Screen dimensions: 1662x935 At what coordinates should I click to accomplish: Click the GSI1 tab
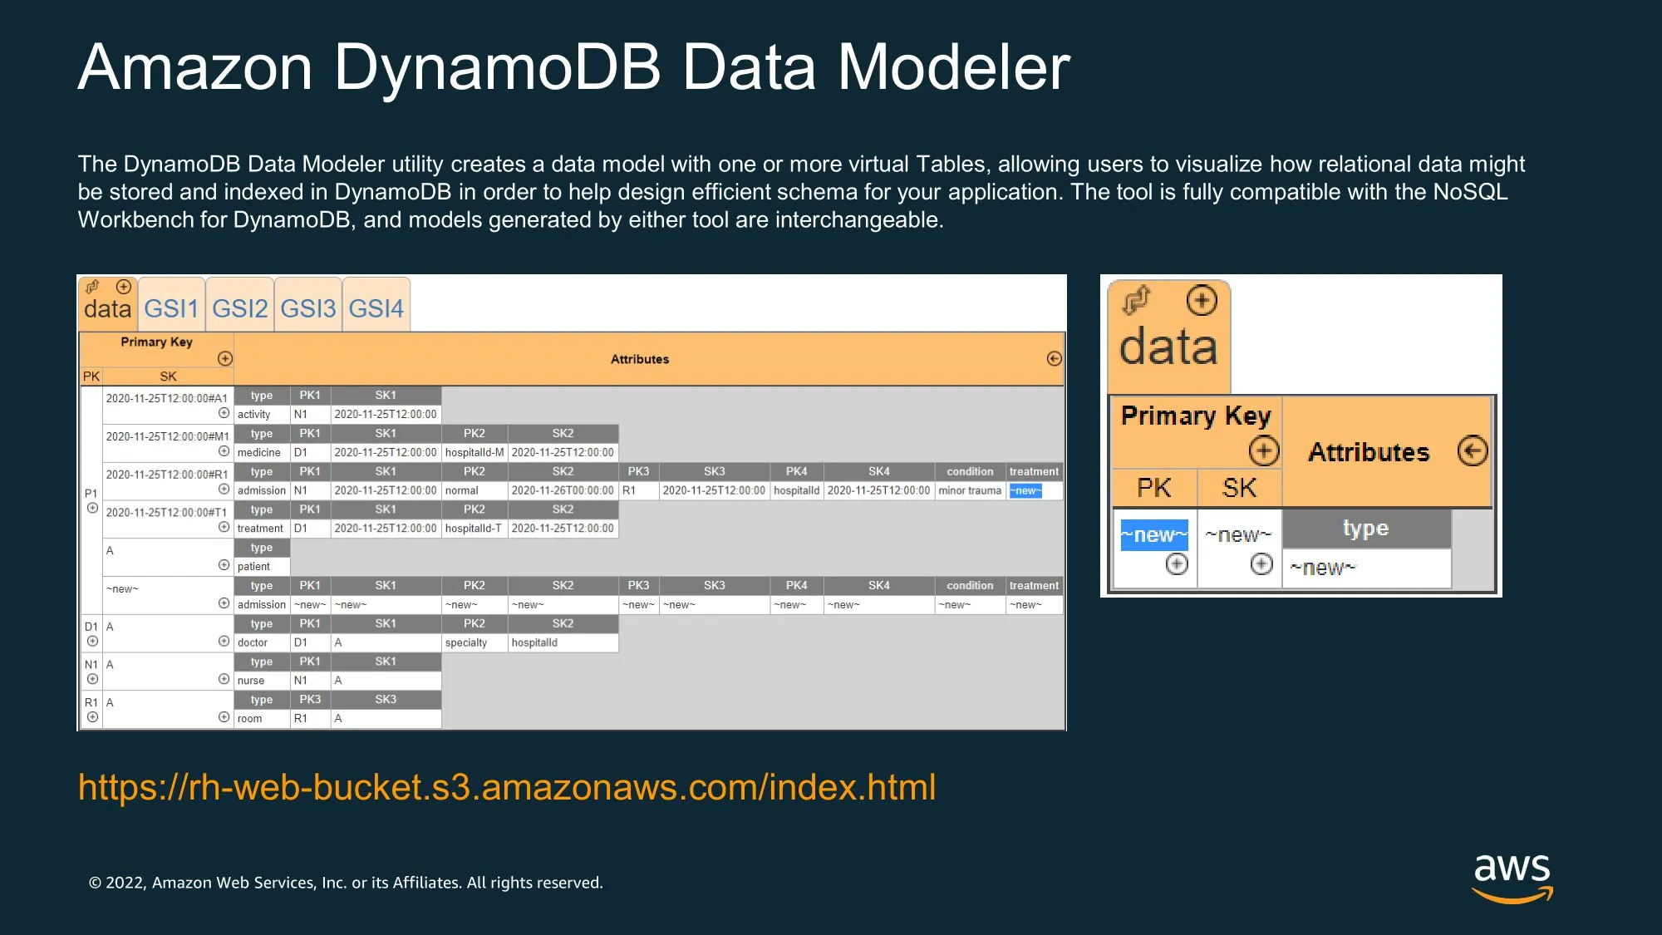(x=171, y=308)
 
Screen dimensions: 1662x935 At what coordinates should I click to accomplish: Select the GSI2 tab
(x=240, y=308)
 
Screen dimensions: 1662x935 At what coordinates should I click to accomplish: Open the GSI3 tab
(x=308, y=308)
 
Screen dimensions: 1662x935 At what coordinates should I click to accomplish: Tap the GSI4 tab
(x=376, y=308)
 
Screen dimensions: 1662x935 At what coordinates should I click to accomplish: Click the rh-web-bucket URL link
(x=507, y=787)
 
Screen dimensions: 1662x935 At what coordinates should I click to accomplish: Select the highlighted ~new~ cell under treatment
(x=1025, y=491)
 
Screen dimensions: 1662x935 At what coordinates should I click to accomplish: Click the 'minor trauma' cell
(x=970, y=491)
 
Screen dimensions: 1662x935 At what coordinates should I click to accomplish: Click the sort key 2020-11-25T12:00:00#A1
(x=166, y=399)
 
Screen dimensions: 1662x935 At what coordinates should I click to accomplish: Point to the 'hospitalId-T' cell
(x=475, y=529)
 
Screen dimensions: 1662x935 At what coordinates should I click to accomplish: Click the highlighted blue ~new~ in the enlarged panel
(x=1154, y=534)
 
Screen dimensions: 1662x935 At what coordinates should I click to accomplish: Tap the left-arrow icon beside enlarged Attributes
(x=1473, y=451)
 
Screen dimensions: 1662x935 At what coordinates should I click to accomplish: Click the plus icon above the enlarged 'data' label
(x=1202, y=300)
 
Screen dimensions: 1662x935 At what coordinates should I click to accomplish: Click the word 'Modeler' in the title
(x=954, y=67)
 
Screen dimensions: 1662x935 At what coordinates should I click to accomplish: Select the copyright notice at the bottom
(x=346, y=883)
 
